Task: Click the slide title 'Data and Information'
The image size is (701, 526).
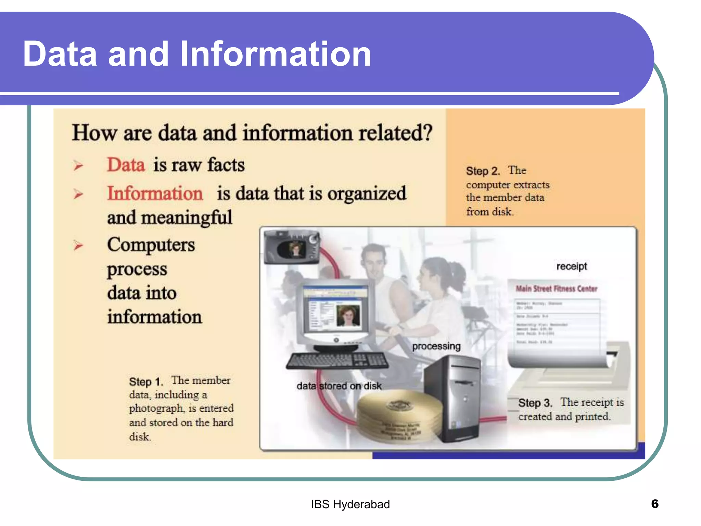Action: pyautogui.click(x=197, y=54)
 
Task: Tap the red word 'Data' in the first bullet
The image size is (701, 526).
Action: pyautogui.click(x=126, y=165)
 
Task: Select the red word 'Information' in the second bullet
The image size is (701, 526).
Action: pyautogui.click(x=155, y=193)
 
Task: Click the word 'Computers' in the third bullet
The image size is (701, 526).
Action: pyautogui.click(x=151, y=245)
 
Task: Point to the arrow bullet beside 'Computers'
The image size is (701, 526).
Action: pyautogui.click(x=78, y=245)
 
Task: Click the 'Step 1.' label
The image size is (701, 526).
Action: pyautogui.click(x=145, y=381)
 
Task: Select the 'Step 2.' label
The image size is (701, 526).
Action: pyautogui.click(x=483, y=171)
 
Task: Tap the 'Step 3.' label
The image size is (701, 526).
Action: pyautogui.click(x=535, y=403)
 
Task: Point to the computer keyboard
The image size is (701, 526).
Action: pyautogui.click(x=337, y=361)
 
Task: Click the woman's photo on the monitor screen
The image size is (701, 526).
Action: pyautogui.click(x=348, y=315)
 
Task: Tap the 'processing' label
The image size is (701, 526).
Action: pyautogui.click(x=436, y=346)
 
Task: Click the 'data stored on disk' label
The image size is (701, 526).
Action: pyautogui.click(x=339, y=386)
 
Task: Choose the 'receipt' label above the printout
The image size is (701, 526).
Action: pyautogui.click(x=572, y=266)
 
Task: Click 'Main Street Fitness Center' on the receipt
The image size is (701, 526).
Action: pyautogui.click(x=557, y=289)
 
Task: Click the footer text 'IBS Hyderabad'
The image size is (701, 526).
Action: pyautogui.click(x=350, y=504)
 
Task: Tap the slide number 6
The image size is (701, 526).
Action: pyautogui.click(x=654, y=504)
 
